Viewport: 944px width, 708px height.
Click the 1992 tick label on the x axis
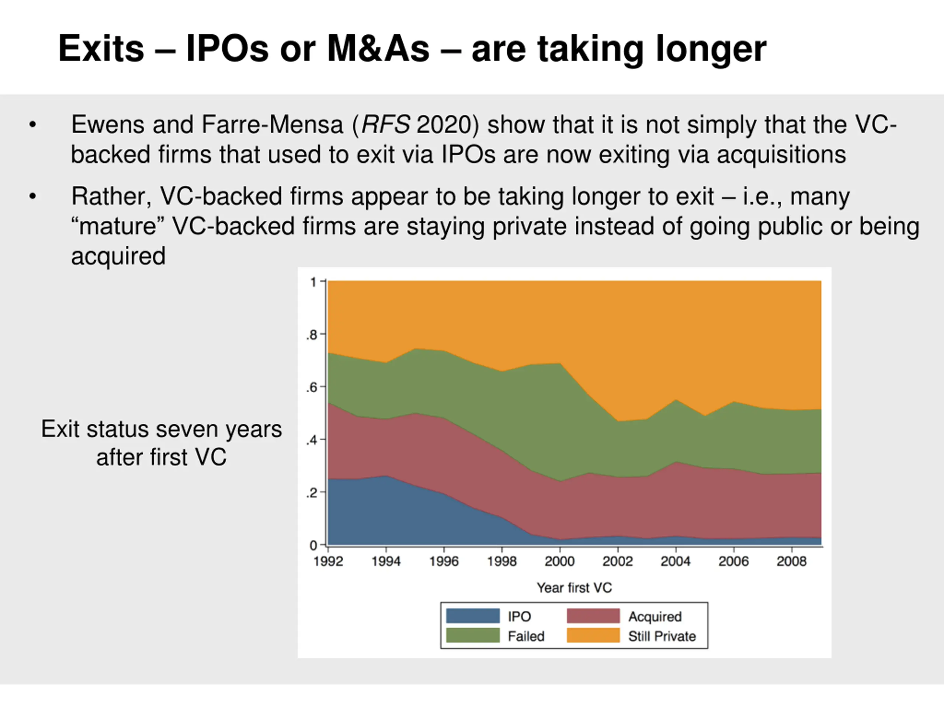328,561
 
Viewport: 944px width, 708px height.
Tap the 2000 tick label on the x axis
559,561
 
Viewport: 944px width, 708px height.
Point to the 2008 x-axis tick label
791,561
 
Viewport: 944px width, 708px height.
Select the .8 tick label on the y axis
312,335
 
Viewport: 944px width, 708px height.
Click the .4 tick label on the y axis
312,440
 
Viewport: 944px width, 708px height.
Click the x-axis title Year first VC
574,588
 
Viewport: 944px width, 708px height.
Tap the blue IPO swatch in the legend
473,616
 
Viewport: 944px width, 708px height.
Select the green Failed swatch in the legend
473,635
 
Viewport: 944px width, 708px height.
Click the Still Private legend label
662,636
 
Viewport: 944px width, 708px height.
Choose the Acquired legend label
655,617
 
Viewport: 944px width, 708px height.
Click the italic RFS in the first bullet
386,125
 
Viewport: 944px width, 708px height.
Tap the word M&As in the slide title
378,49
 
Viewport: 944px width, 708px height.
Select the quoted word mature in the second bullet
118,226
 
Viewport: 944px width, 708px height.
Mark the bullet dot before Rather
33,197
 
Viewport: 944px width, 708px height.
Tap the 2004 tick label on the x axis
676,561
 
